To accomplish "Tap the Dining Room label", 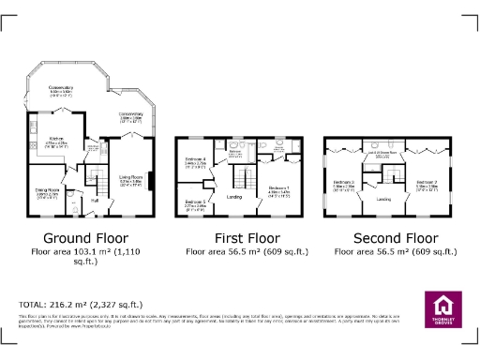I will [x=35, y=192].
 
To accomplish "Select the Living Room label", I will [x=130, y=176].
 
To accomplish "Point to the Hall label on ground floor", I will [x=95, y=200].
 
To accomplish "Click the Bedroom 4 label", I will [x=195, y=160].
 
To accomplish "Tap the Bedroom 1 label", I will [x=279, y=188].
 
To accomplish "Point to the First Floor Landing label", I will [x=237, y=196].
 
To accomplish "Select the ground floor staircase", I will [x=94, y=174].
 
